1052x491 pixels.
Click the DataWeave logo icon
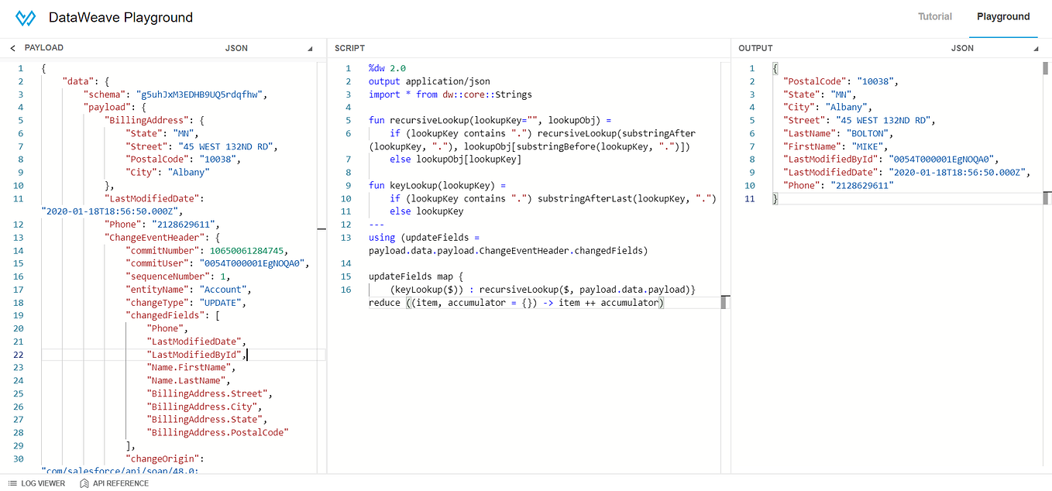click(26, 17)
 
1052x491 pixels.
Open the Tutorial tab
click(935, 16)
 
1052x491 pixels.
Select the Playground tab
click(1003, 16)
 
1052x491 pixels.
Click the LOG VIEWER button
click(36, 483)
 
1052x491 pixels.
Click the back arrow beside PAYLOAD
click(12, 48)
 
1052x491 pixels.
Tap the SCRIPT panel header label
click(349, 48)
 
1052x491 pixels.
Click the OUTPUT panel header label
click(755, 48)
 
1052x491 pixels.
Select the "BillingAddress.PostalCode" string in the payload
click(219, 433)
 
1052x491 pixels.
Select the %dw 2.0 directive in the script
click(387, 68)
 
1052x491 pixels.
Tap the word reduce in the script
click(385, 303)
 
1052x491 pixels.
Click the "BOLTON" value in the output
click(865, 133)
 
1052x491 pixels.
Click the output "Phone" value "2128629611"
click(862, 186)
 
